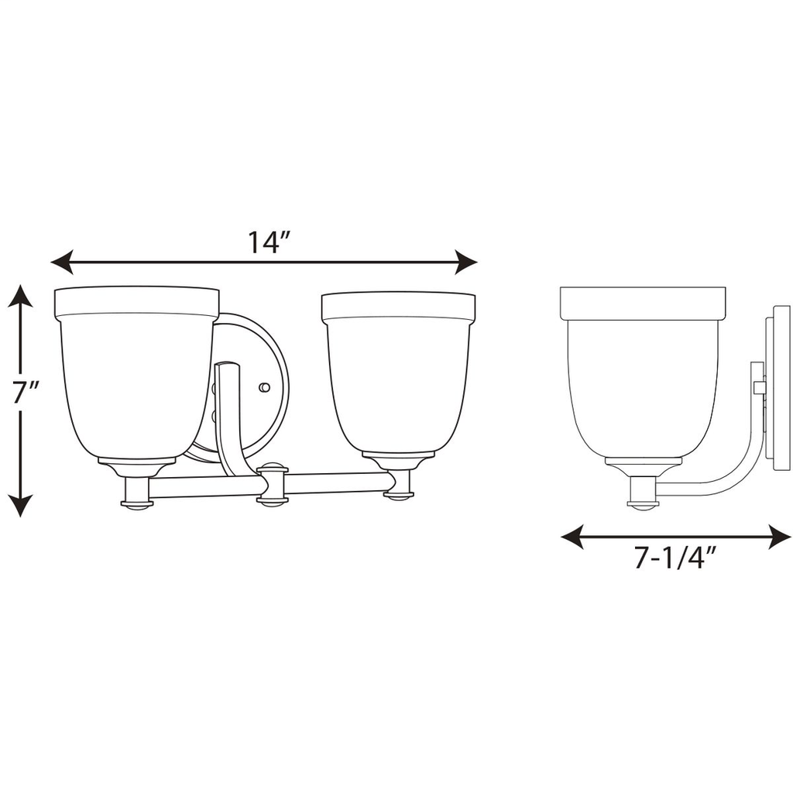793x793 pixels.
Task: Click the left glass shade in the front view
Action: [x=136, y=379]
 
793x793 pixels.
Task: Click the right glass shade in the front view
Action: [x=399, y=379]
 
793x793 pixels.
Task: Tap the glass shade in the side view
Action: [x=643, y=379]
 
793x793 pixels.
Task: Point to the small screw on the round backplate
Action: [x=265, y=386]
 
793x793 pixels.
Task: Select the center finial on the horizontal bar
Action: [x=272, y=485]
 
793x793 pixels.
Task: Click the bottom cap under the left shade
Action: [x=137, y=504]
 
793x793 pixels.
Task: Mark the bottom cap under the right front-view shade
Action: [x=399, y=494]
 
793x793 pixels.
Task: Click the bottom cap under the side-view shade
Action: [x=642, y=504]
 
